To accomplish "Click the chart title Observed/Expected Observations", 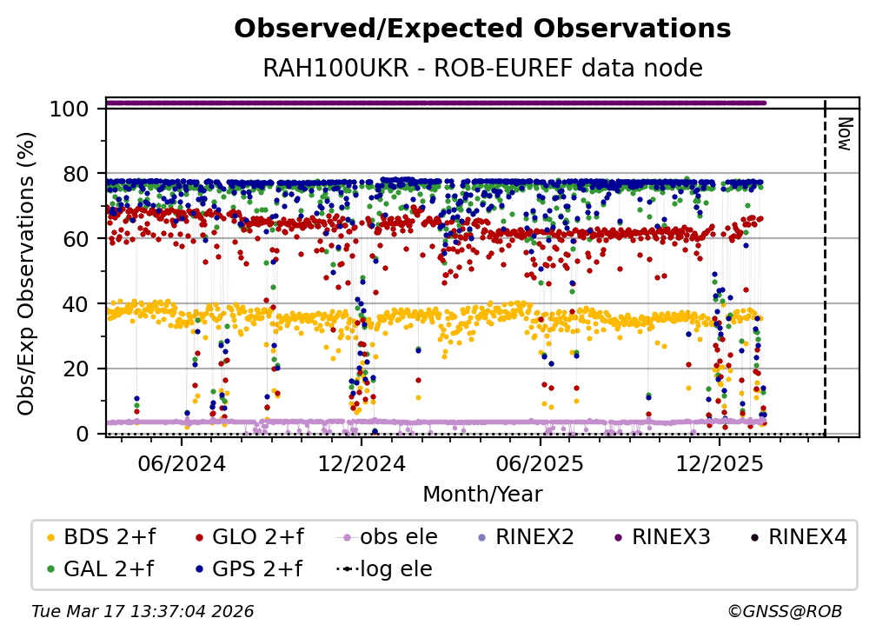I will click(x=482, y=29).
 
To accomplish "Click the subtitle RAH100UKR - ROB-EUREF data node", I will click(x=482, y=68).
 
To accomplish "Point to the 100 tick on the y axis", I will click(x=69, y=109).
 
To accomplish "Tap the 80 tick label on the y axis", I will click(x=75, y=174).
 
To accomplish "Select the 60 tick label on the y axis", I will click(x=75, y=239).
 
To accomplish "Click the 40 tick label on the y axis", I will click(x=75, y=304).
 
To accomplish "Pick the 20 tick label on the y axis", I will click(x=75, y=369).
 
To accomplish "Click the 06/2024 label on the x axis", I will click(x=181, y=463).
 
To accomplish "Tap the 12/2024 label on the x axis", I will click(x=361, y=463).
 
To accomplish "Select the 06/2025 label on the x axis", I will click(x=540, y=463).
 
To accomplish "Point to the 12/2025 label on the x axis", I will click(x=719, y=463).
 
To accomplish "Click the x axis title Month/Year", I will click(x=482, y=495).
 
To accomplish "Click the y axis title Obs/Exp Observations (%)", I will click(x=27, y=272).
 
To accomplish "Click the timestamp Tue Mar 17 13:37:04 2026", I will click(x=143, y=612).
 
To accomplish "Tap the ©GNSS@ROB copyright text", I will click(x=785, y=612).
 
